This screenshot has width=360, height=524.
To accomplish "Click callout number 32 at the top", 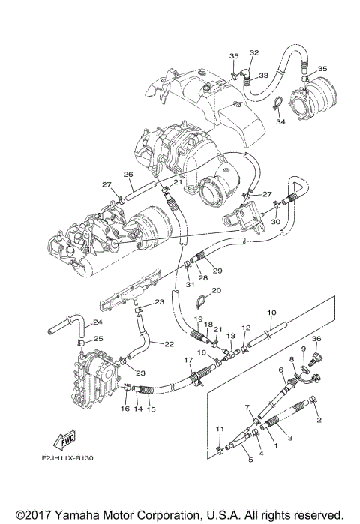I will tap(253, 52).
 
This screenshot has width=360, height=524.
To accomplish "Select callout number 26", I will tap(128, 175).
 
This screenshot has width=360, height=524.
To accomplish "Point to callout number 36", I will tap(316, 340).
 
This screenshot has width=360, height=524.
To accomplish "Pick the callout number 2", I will tap(319, 421).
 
